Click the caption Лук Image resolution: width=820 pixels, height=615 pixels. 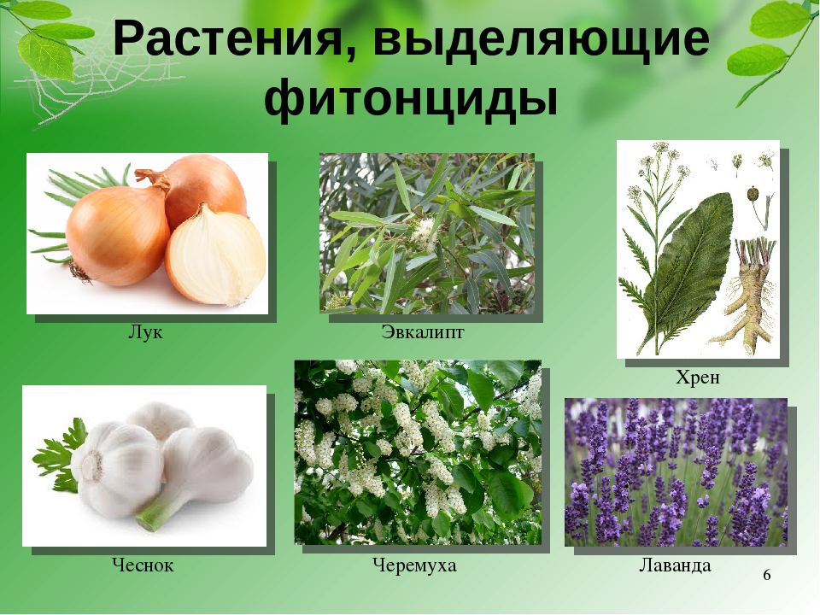(145, 332)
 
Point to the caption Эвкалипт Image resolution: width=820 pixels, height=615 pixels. (423, 332)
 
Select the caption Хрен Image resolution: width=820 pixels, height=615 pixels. (698, 377)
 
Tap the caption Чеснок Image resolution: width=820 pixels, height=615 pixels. (143, 565)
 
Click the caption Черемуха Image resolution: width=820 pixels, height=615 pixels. (414, 565)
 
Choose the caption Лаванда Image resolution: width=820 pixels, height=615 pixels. (675, 565)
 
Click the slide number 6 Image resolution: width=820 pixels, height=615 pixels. (767, 575)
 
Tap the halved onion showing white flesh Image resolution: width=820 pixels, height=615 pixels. (215, 255)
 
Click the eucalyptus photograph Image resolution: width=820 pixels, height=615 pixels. (427, 233)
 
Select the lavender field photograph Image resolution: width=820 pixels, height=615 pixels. (676, 472)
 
